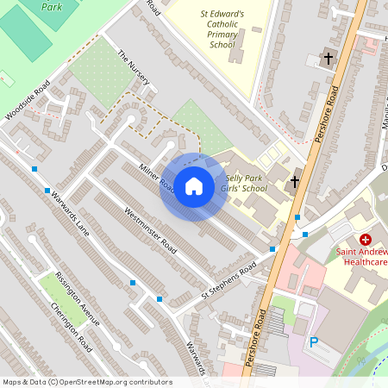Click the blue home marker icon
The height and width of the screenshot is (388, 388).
pyautogui.click(x=194, y=186)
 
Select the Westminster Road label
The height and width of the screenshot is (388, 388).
pyautogui.click(x=150, y=230)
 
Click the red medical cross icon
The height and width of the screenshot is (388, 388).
pyautogui.click(x=366, y=238)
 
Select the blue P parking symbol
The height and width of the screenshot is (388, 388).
pyautogui.click(x=314, y=343)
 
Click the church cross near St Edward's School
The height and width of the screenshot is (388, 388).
pyautogui.click(x=327, y=59)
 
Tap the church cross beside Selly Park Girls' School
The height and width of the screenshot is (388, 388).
pyautogui.click(x=294, y=182)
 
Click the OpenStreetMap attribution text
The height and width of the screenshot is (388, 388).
pyautogui.click(x=86, y=382)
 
